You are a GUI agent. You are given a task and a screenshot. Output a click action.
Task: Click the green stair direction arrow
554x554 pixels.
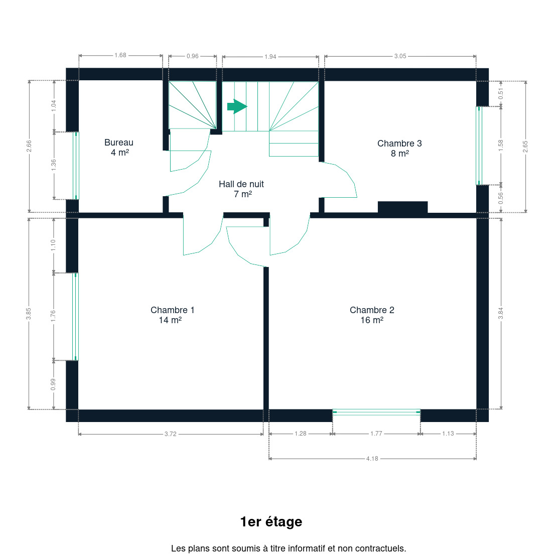coord(237,106)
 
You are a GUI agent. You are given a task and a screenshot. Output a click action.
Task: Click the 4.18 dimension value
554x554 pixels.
coord(372,459)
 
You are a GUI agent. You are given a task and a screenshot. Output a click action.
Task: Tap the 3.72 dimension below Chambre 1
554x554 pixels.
coord(170,434)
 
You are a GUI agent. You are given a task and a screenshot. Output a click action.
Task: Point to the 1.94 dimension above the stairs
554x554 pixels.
coord(270,57)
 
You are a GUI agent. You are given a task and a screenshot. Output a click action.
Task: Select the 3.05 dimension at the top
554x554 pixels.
coord(400,56)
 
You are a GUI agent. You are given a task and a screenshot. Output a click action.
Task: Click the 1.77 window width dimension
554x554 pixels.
coord(376,434)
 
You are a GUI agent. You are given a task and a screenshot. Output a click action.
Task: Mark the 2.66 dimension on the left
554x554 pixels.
coord(29,146)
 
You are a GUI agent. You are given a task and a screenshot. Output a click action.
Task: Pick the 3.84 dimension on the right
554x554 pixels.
coord(501,314)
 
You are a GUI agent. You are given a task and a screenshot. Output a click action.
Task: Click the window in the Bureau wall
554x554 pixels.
coord(76,166)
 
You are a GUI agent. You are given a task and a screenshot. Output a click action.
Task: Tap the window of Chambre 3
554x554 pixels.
coord(479,146)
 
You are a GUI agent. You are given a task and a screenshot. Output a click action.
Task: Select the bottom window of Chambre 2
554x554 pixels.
coord(377,412)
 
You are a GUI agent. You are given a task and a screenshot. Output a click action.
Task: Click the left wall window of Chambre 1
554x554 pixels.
coord(75,317)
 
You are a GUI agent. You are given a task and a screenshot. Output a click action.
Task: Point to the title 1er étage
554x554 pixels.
coord(271,522)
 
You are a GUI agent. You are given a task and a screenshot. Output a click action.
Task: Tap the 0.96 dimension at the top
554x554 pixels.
coord(193,56)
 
